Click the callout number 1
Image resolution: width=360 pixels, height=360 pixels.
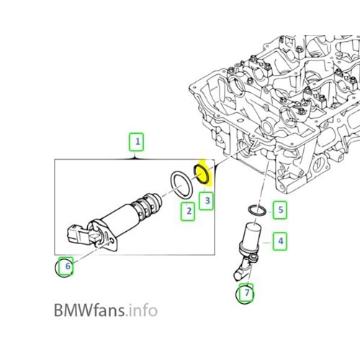(136, 141)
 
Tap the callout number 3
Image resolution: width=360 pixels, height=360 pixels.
(207, 199)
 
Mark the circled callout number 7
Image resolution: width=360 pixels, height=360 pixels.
(246, 294)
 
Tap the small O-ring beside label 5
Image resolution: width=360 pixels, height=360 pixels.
(255, 210)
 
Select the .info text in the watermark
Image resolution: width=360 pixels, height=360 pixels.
(140, 311)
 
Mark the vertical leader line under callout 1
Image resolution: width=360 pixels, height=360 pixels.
(136, 154)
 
